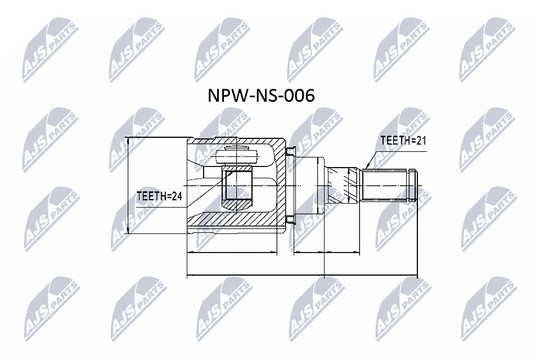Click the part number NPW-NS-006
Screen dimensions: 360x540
click(x=262, y=96)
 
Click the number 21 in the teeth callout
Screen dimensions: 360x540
click(x=420, y=141)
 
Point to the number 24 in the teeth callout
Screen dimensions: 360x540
click(x=177, y=196)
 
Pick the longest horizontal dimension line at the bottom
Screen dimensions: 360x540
click(x=301, y=276)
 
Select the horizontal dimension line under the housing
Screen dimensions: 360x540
click(x=232, y=253)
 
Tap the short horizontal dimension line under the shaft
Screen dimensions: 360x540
click(x=326, y=253)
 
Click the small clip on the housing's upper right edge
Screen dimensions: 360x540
click(x=289, y=150)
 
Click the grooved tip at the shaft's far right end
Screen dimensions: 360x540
click(x=414, y=184)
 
